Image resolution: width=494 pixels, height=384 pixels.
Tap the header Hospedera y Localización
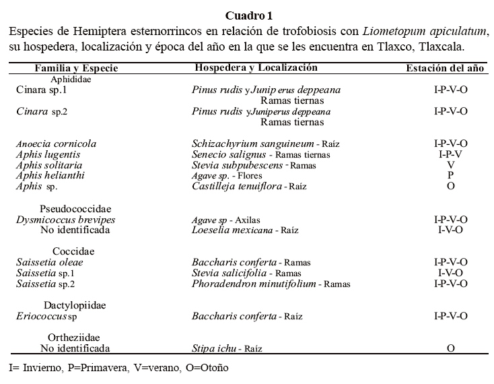click(x=255, y=68)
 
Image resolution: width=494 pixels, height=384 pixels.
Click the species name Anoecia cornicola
click(x=56, y=143)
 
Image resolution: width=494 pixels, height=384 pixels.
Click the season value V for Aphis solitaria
click(x=450, y=165)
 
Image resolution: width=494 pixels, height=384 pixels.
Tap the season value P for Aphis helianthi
click(x=450, y=176)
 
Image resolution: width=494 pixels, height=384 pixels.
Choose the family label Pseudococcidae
click(x=75, y=208)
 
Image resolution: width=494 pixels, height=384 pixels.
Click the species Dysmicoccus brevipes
click(x=65, y=220)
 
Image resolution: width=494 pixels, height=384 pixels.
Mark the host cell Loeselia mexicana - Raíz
click(x=245, y=230)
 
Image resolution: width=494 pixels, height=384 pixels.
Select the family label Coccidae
click(x=73, y=251)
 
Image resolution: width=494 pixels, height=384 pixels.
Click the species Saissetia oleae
click(x=49, y=262)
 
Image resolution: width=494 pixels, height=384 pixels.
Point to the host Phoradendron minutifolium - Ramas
click(x=271, y=284)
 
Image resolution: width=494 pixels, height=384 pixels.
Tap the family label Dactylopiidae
click(x=75, y=305)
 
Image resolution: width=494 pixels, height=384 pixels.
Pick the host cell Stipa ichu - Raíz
click(x=227, y=348)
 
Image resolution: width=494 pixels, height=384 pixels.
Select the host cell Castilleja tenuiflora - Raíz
click(x=249, y=186)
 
